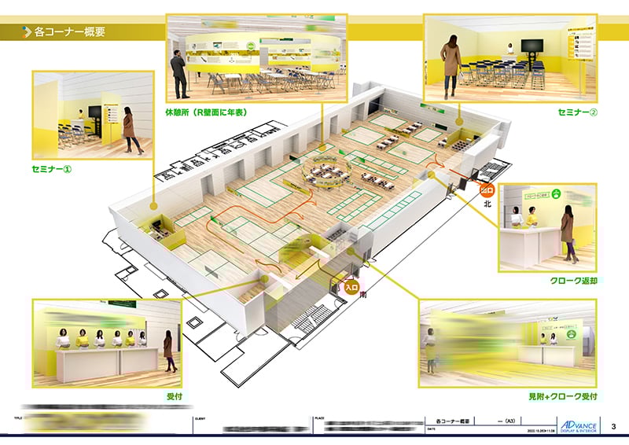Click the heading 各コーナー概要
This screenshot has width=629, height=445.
[70, 32]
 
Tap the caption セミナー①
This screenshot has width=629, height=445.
[58, 169]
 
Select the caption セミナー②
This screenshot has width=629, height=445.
[577, 112]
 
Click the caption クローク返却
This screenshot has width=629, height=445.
[573, 281]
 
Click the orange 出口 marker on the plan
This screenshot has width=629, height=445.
[487, 189]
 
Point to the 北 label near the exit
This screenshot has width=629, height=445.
[487, 204]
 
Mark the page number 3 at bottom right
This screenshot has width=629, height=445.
[612, 425]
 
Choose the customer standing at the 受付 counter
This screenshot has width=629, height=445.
[167, 350]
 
